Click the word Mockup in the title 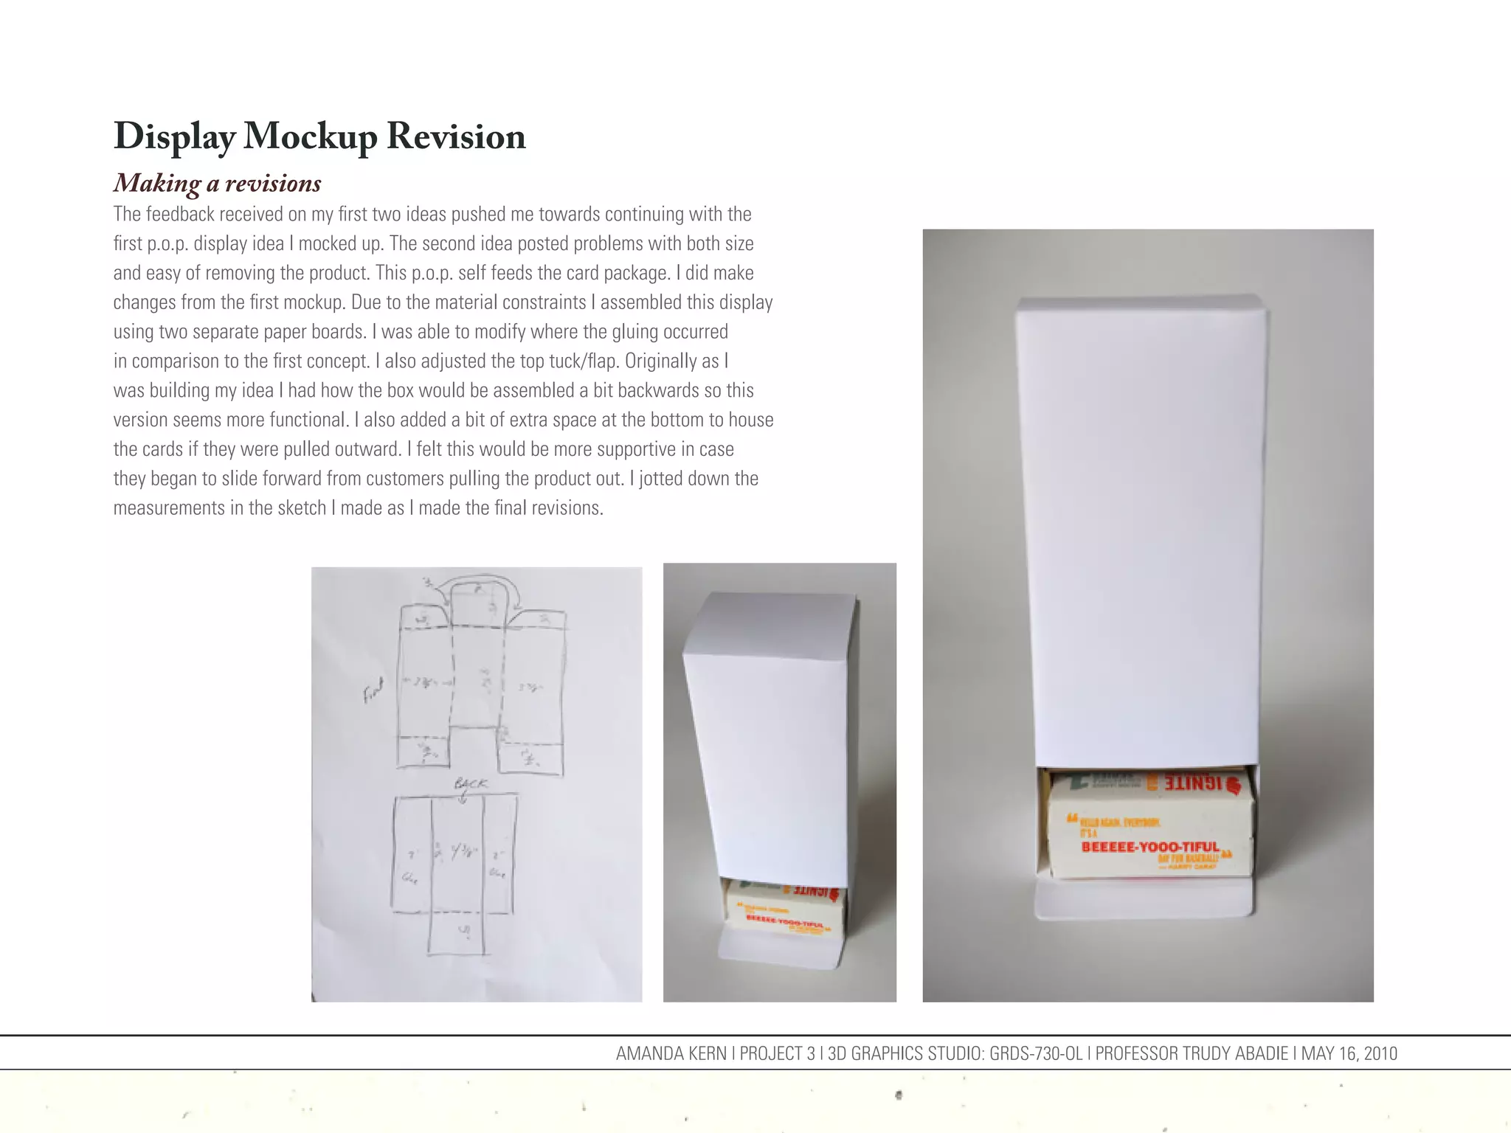(x=310, y=137)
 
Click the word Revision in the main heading (x=456, y=137)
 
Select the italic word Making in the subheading (x=157, y=183)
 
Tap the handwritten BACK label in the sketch (x=471, y=783)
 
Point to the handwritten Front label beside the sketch (x=374, y=692)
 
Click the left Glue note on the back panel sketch (x=410, y=878)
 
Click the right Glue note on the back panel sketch (x=498, y=874)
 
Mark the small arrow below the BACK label (x=463, y=799)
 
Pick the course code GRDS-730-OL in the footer (x=1036, y=1053)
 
